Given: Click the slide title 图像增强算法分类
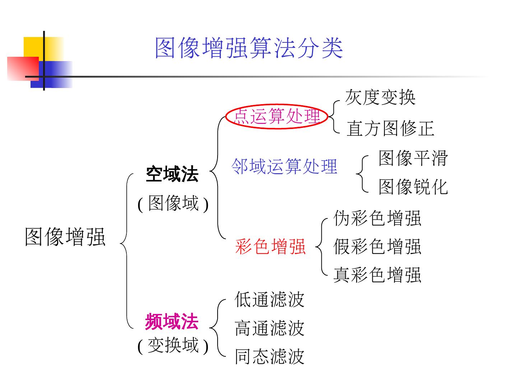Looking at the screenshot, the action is (248, 48).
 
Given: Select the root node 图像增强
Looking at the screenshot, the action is (65, 237).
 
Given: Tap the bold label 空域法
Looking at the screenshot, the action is (172, 175).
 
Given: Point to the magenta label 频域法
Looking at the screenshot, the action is (172, 322).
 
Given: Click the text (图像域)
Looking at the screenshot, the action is (173, 204).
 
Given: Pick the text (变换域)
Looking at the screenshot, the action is (173, 346).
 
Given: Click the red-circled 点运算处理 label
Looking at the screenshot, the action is (276, 116).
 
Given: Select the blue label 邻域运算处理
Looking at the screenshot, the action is (284, 166).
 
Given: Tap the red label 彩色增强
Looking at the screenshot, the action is (270, 246).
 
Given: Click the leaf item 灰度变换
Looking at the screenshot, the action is (380, 97).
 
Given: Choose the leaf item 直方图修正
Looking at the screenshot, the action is (390, 129).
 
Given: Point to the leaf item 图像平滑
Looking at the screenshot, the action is (413, 158).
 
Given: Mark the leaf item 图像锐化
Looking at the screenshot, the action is (413, 187).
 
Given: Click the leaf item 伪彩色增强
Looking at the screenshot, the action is (377, 218).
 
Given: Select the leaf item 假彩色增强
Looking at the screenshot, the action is (377, 246).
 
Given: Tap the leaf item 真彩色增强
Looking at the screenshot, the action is (377, 275).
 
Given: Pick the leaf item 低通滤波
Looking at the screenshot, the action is (269, 300).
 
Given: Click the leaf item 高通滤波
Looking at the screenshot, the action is (269, 328).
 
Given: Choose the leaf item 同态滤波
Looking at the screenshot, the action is (269, 356).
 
